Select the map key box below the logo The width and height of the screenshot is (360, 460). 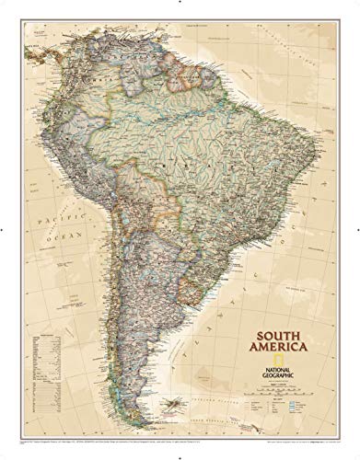click(294, 378)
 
